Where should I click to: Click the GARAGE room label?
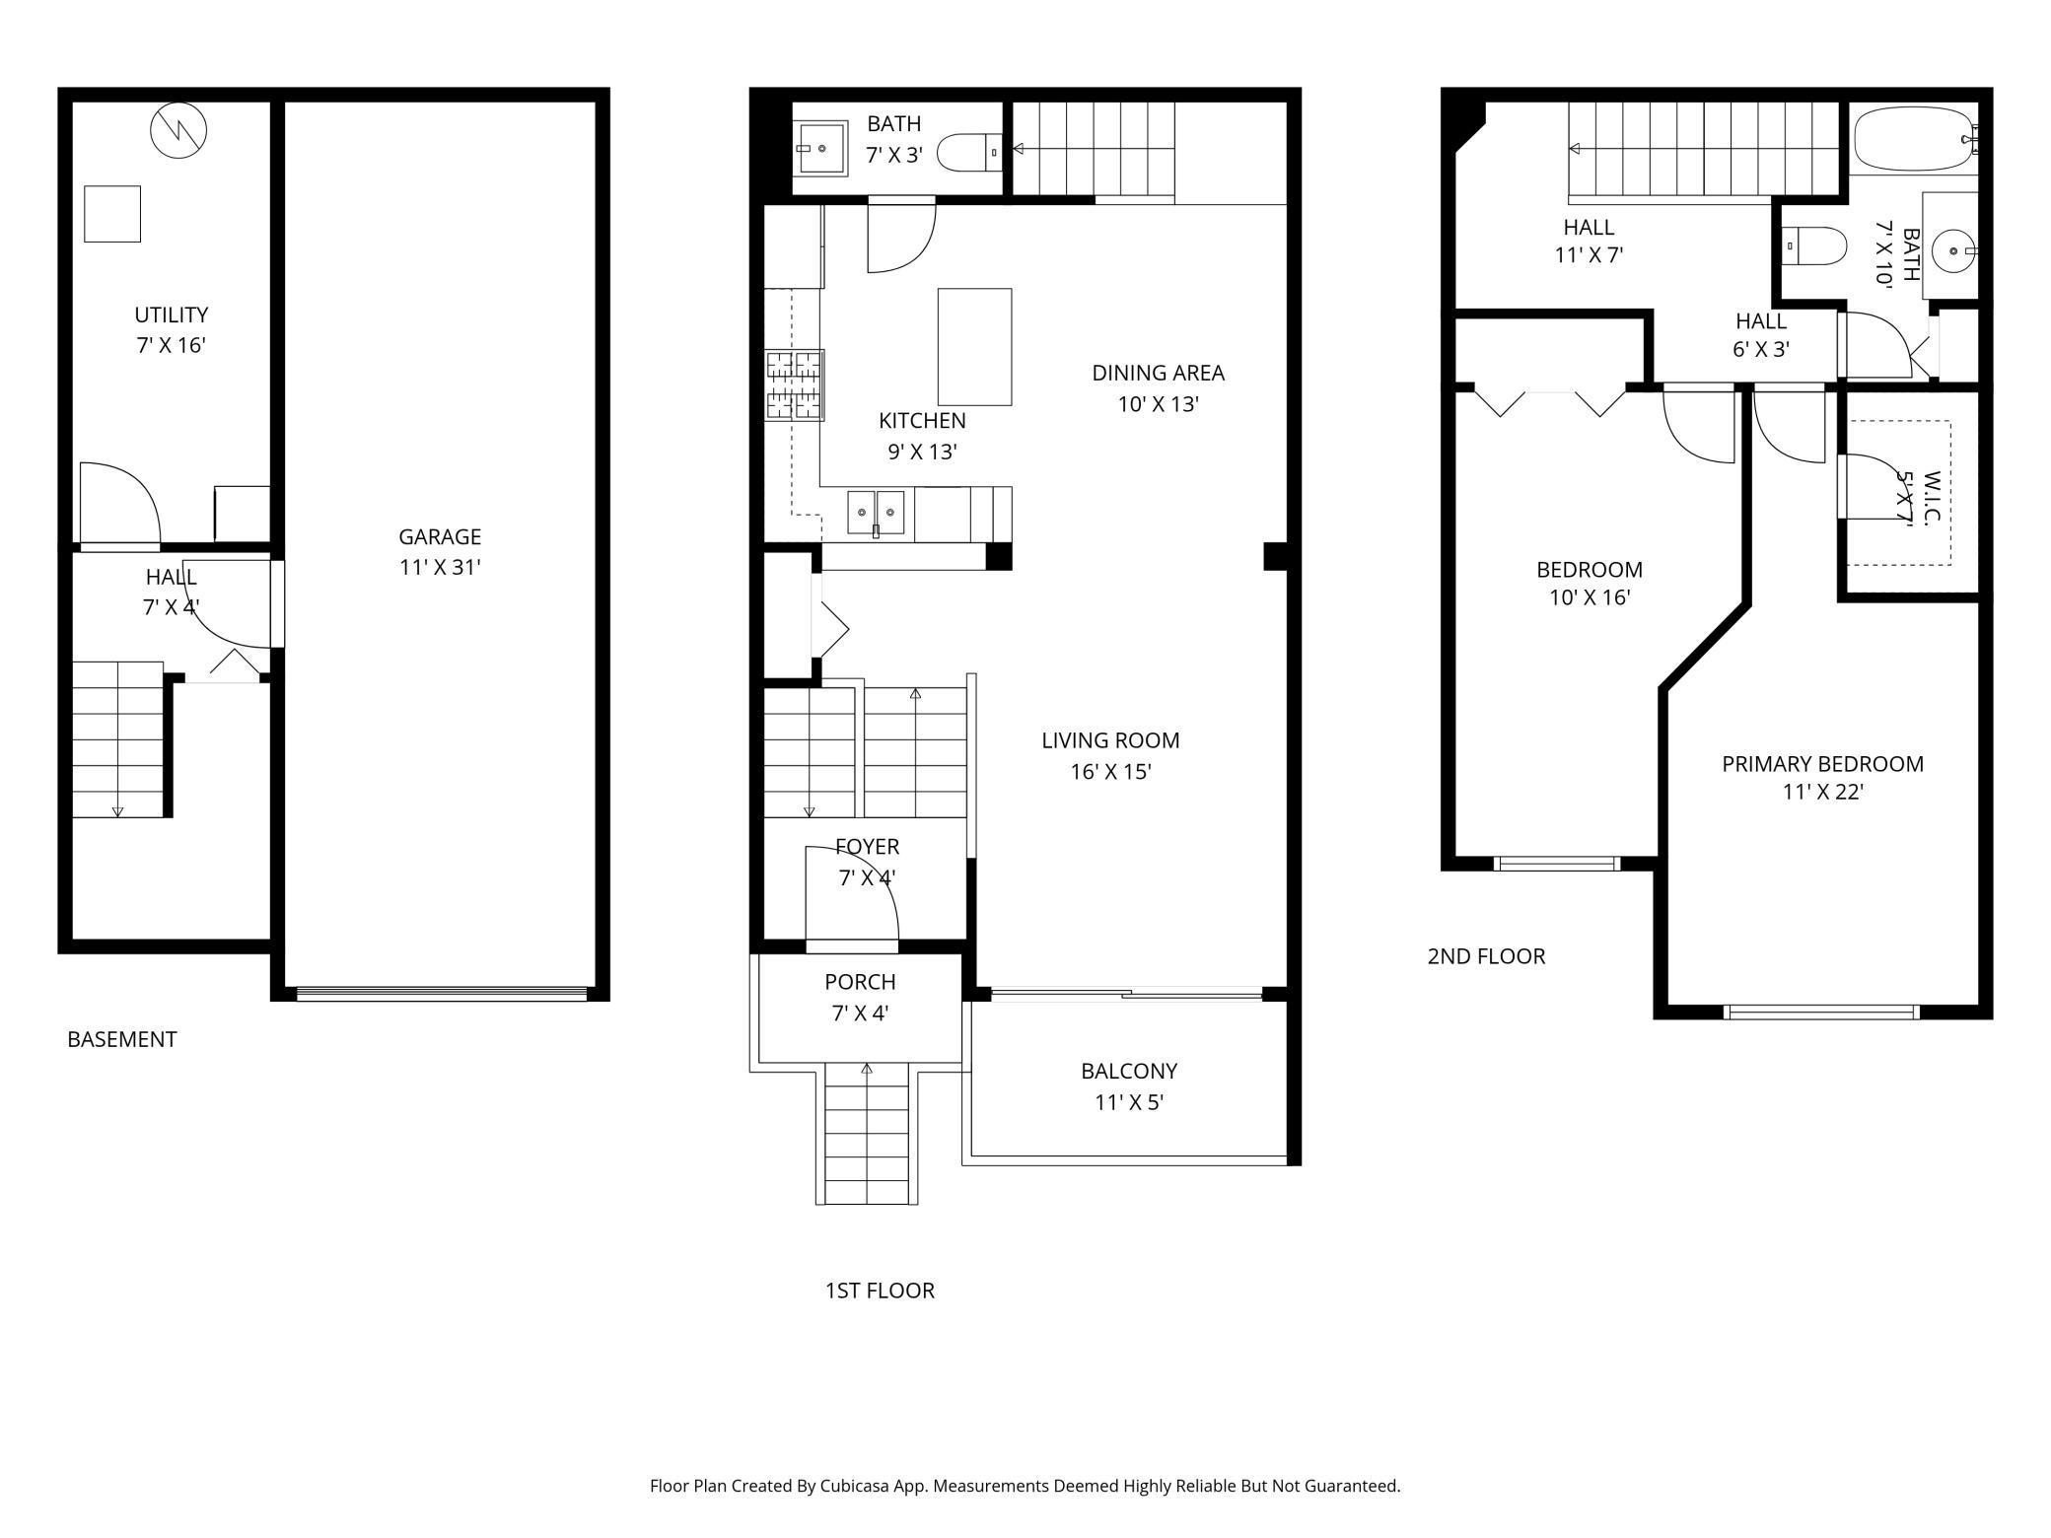pyautogui.click(x=440, y=537)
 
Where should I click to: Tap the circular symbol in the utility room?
pyautogui.click(x=178, y=129)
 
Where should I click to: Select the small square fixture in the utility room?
pyautogui.click(x=112, y=213)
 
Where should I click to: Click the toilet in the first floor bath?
pyautogui.click(x=965, y=153)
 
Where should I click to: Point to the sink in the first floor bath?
pyautogui.click(x=821, y=148)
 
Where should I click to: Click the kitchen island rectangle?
pyautogui.click(x=974, y=346)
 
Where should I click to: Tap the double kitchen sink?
pyautogui.click(x=876, y=513)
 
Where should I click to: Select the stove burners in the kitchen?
pyautogui.click(x=795, y=385)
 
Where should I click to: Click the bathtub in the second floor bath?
pyautogui.click(x=1911, y=139)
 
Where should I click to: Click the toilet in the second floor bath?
pyautogui.click(x=1816, y=246)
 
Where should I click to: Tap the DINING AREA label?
pyautogui.click(x=1158, y=374)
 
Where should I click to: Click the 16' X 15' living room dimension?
pyautogui.click(x=1110, y=772)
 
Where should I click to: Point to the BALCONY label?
pyautogui.click(x=1129, y=1071)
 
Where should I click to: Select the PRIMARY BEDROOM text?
pyautogui.click(x=1822, y=764)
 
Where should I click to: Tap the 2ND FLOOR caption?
pyautogui.click(x=1486, y=956)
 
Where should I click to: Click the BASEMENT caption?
pyautogui.click(x=122, y=1039)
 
